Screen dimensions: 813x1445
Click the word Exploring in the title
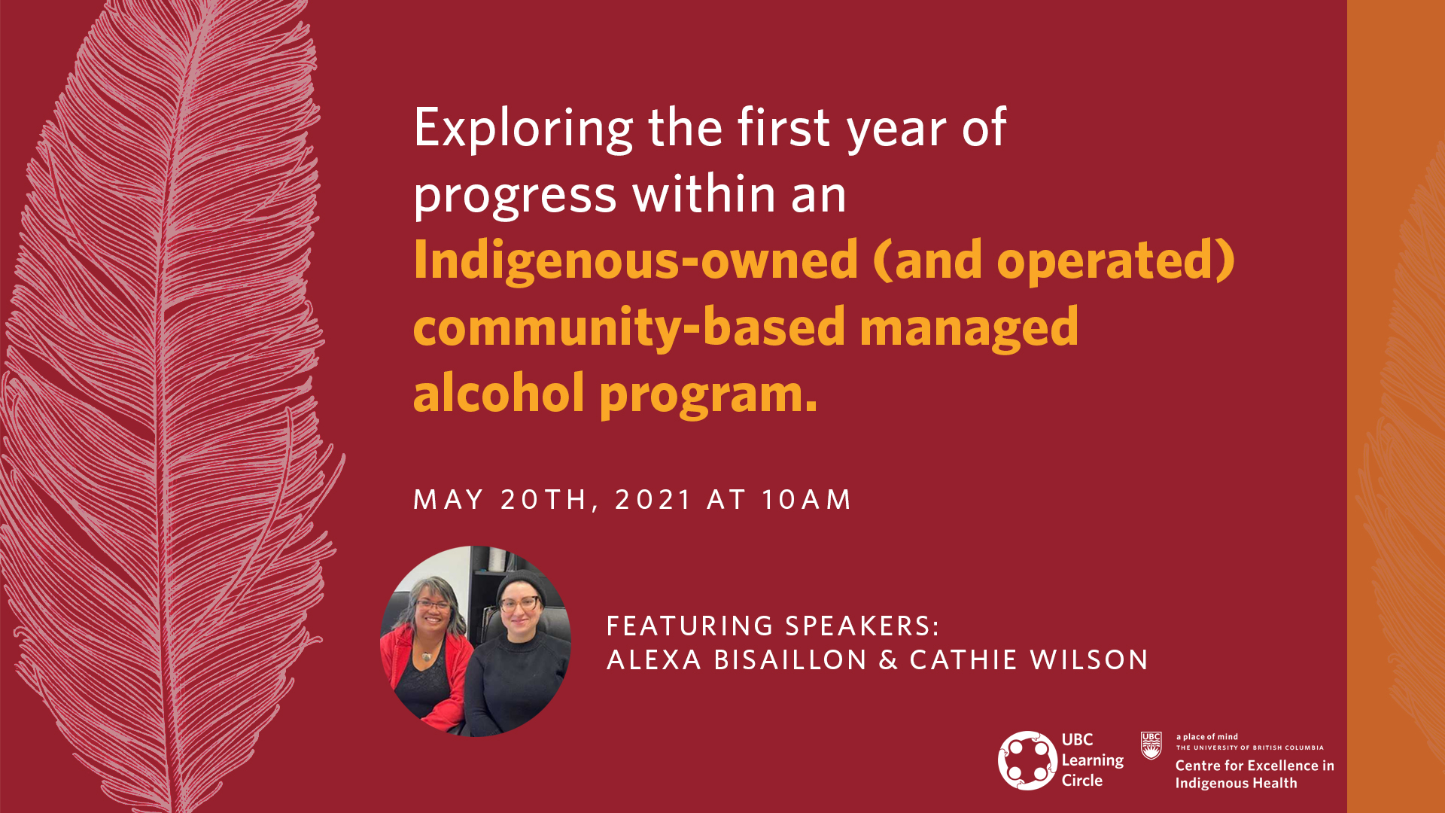click(x=523, y=129)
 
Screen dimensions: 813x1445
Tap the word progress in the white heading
click(x=515, y=196)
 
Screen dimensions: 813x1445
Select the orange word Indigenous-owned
click(x=635, y=260)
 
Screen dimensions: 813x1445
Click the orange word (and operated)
click(x=1054, y=260)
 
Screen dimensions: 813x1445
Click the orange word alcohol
click(x=498, y=394)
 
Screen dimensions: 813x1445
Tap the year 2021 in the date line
click(x=653, y=500)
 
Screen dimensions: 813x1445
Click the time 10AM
click(x=806, y=500)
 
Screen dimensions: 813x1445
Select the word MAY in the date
click(x=449, y=500)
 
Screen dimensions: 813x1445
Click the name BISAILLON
click(x=790, y=660)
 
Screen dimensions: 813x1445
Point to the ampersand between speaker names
click(x=888, y=660)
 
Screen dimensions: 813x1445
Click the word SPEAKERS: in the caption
click(x=862, y=626)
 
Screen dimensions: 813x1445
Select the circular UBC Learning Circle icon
click(x=1027, y=760)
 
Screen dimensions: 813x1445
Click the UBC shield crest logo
click(x=1151, y=746)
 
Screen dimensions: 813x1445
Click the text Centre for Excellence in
click(x=1254, y=766)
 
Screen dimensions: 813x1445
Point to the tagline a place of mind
click(x=1206, y=737)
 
